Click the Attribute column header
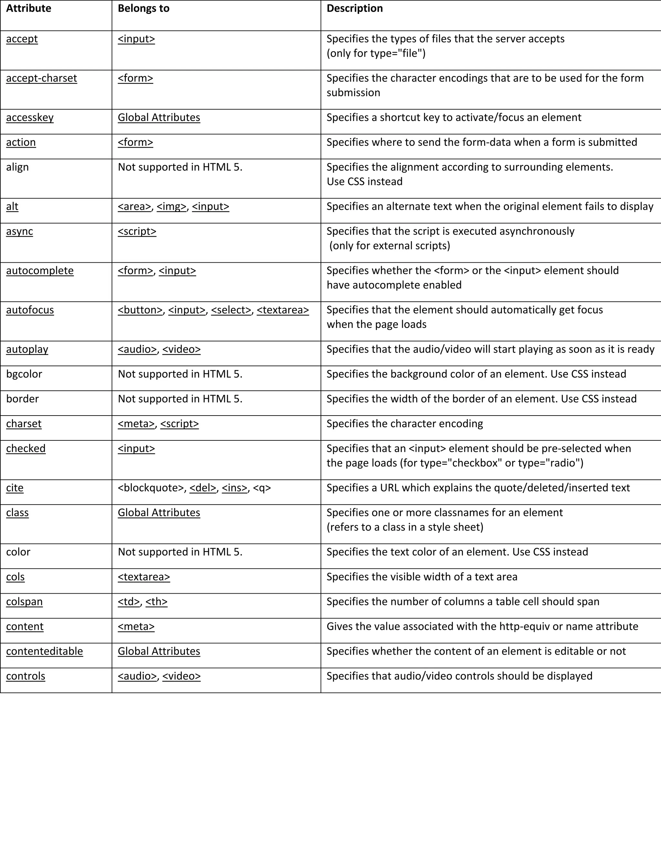click(29, 9)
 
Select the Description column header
click(354, 9)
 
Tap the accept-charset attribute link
click(42, 78)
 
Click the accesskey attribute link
click(30, 117)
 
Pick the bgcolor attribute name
click(24, 374)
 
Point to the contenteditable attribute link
click(45, 651)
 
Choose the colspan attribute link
click(24, 601)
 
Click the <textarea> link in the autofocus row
click(283, 310)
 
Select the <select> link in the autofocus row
click(231, 310)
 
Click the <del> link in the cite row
click(203, 488)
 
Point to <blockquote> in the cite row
click(151, 488)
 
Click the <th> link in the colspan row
click(156, 601)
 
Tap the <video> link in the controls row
click(181, 676)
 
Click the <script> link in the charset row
click(179, 424)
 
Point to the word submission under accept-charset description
click(353, 93)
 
